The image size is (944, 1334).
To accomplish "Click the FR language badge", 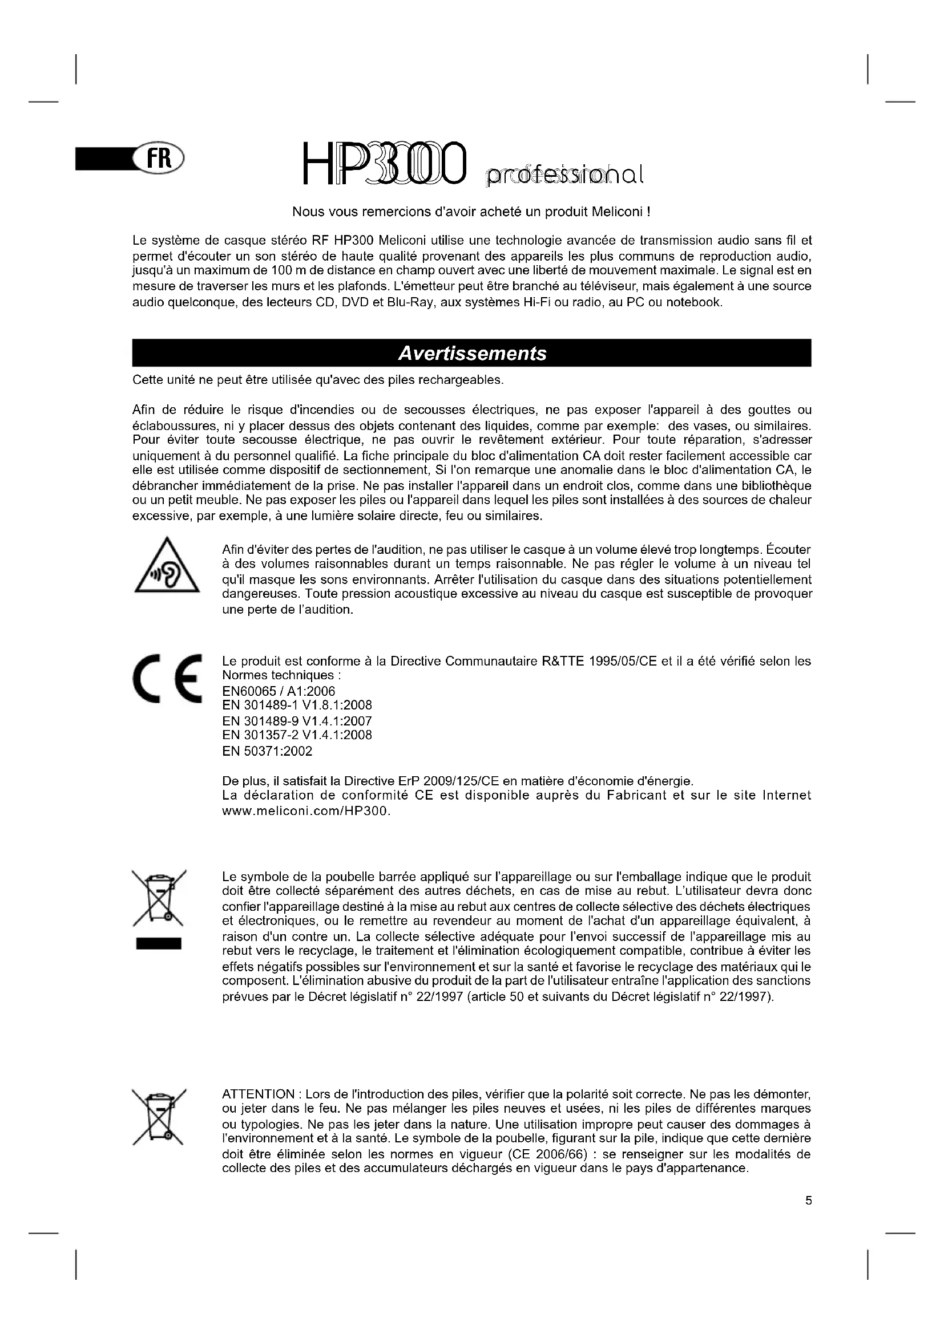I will coord(158,158).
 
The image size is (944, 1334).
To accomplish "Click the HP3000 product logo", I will coord(384,164).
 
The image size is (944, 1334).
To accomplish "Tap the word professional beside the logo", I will coord(564,175).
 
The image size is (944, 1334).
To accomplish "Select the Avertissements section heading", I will coord(471,353).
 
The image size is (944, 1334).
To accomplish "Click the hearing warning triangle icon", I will coord(167,566).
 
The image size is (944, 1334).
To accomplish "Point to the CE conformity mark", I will coord(167,678).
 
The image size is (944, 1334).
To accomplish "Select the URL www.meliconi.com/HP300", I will coord(306,811).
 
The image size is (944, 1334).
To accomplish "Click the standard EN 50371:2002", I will coord(267,751).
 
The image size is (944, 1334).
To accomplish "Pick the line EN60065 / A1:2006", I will coord(279,691).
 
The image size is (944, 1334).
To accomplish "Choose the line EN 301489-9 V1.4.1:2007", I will coord(297,721).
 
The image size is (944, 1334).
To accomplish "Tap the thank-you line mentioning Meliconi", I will coord(471,212).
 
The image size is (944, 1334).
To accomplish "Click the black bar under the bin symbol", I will coord(158,943).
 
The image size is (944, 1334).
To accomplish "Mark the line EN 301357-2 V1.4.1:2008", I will coord(297,736).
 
